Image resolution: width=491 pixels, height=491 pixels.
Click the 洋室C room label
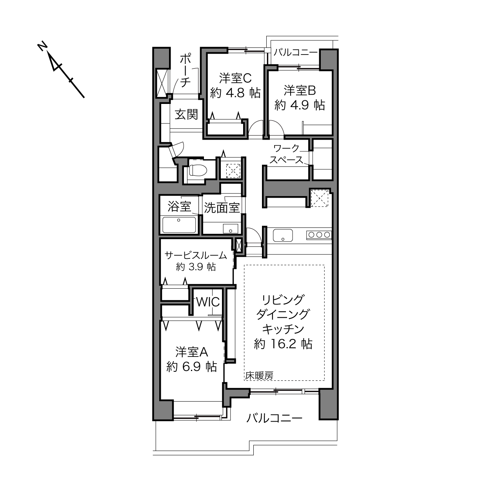click(x=235, y=78)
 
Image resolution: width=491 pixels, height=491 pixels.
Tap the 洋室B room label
click(x=300, y=91)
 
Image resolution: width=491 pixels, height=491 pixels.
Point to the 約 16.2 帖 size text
click(x=283, y=344)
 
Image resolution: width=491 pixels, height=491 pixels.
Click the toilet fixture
click(x=198, y=170)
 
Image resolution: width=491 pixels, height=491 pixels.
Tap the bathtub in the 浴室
click(x=179, y=225)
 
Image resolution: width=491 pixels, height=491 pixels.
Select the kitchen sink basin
click(x=283, y=235)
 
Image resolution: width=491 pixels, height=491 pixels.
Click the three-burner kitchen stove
click(x=319, y=235)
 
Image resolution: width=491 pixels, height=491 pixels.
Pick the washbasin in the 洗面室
click(x=231, y=229)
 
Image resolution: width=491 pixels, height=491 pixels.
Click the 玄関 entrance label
click(x=186, y=115)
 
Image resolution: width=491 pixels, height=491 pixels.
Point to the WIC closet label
click(x=208, y=302)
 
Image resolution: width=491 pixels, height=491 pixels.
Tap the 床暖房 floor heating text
click(x=259, y=376)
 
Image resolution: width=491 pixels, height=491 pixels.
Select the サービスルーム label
click(x=196, y=255)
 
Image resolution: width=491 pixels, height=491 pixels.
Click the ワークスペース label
click(x=286, y=154)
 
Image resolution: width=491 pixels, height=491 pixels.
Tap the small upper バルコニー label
click(x=296, y=53)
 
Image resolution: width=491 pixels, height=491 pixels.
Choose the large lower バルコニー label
click(x=274, y=418)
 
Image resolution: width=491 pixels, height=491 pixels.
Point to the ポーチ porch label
click(x=185, y=70)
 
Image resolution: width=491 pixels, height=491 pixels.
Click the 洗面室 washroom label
click(x=222, y=208)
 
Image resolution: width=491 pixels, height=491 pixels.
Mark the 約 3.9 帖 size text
click(x=196, y=267)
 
